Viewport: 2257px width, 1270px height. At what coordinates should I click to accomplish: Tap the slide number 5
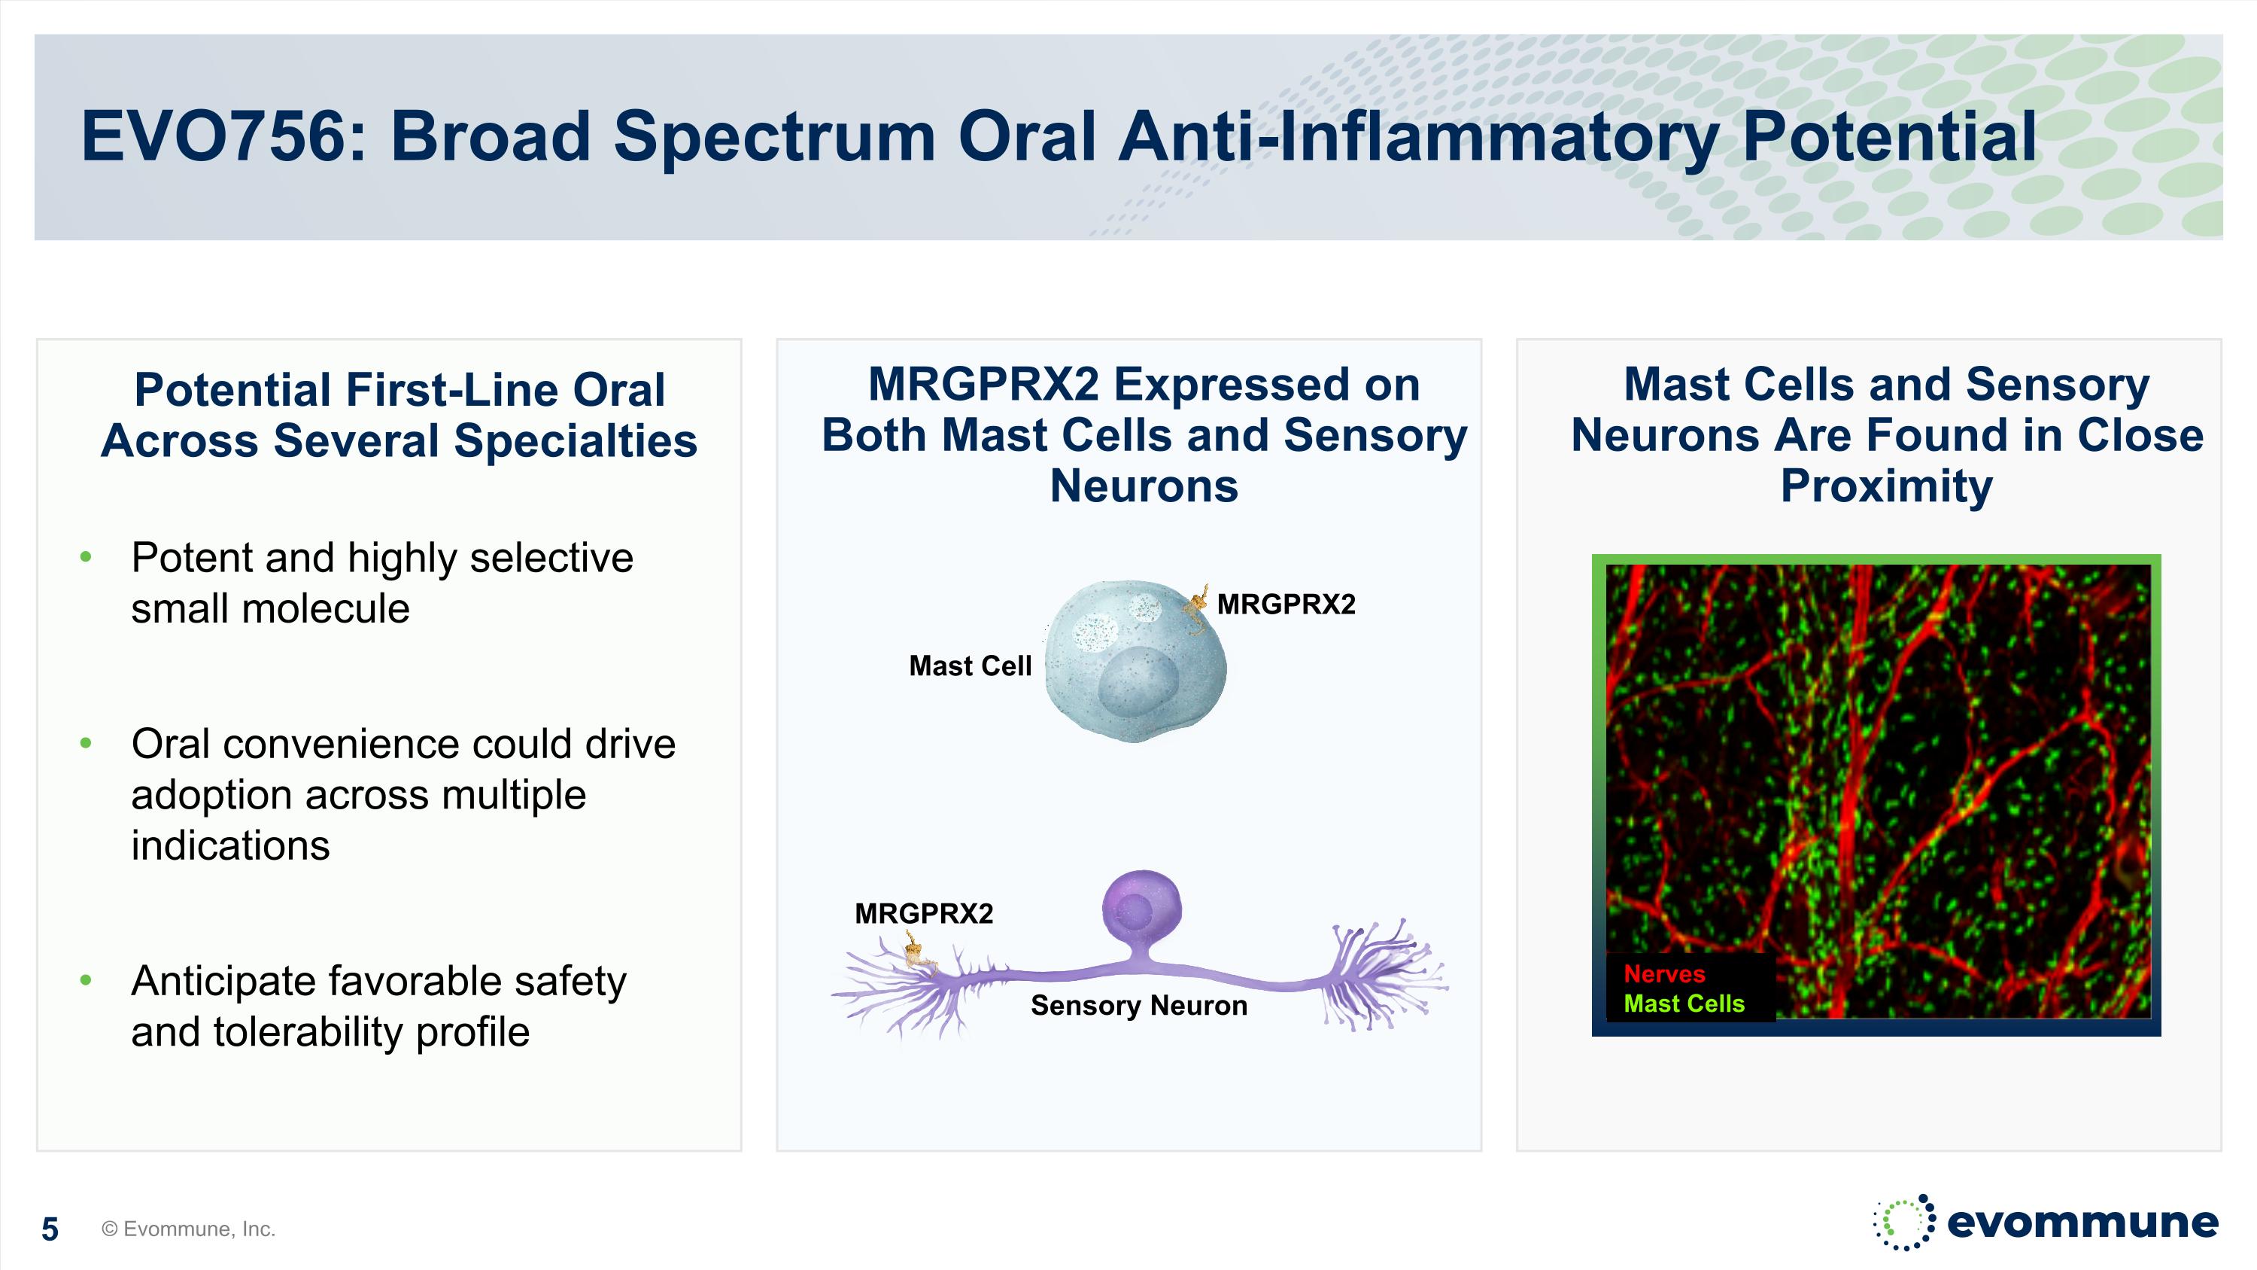(50, 1229)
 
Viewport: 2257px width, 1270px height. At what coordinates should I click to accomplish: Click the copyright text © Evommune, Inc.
(188, 1229)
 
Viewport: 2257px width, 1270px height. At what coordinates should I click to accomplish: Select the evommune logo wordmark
(2082, 1222)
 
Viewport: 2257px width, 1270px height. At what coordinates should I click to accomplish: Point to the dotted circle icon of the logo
(1903, 1222)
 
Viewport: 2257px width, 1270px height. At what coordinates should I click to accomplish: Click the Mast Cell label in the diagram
(970, 666)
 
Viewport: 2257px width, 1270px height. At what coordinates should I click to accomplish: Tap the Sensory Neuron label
(1138, 1005)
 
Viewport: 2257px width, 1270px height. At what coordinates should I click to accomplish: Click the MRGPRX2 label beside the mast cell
(1285, 605)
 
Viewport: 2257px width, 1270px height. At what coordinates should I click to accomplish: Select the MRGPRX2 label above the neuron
(923, 914)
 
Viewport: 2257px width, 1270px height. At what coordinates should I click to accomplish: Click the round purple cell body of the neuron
(1140, 909)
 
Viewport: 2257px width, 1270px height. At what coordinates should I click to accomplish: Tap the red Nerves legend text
(1664, 973)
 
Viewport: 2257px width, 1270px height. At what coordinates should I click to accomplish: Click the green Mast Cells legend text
(1683, 1004)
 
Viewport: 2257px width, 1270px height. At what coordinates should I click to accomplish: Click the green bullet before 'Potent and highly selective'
(86, 557)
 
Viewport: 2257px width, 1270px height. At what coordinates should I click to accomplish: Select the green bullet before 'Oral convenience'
(86, 744)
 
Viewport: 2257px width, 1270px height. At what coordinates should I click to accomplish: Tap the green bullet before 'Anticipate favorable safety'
(86, 981)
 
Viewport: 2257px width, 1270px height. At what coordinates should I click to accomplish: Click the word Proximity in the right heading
(1885, 486)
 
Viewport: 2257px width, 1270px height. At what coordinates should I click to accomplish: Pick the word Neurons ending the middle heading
(1144, 486)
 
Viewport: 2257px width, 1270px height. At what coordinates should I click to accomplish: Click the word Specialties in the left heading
(575, 440)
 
